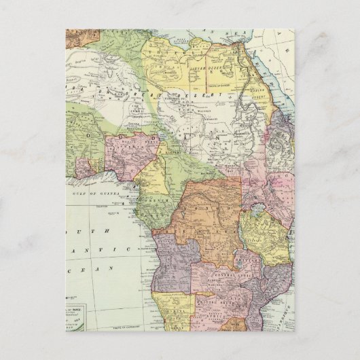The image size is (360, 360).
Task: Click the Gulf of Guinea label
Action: (x=94, y=196)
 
